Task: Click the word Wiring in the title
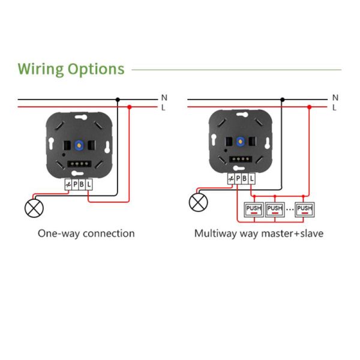(x=40, y=69)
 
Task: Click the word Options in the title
(x=96, y=70)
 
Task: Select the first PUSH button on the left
(x=253, y=209)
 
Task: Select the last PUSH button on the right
(x=305, y=209)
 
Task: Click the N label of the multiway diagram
(x=335, y=97)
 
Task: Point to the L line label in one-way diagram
(x=164, y=107)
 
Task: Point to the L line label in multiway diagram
(x=334, y=107)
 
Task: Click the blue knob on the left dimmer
(x=78, y=145)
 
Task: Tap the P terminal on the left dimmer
(x=75, y=185)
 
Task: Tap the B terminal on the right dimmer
(x=245, y=178)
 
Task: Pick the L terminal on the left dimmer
(x=89, y=185)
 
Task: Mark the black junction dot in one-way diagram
(x=118, y=99)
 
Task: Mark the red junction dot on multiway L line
(x=309, y=107)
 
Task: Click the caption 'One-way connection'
(x=86, y=233)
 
